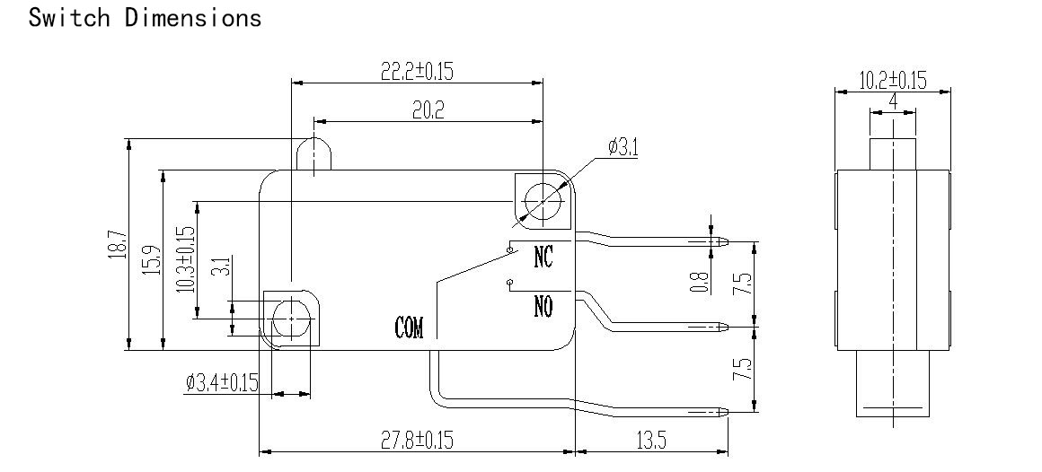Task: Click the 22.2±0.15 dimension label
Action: [x=417, y=71]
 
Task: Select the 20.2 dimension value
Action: [x=428, y=110]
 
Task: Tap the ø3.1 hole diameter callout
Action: [x=623, y=146]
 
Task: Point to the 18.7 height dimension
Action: [x=117, y=244]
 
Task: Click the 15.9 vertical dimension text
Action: [x=152, y=260]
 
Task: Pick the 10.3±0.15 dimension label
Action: [x=186, y=259]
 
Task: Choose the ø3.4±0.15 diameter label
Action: [x=222, y=382]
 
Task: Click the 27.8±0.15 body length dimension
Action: [x=417, y=440]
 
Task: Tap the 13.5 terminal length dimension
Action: [x=650, y=440]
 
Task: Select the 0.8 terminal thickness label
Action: [x=699, y=282]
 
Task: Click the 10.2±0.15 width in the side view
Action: [x=893, y=81]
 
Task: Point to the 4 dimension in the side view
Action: [x=893, y=101]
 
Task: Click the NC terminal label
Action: [x=543, y=257]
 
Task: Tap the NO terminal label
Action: [x=543, y=307]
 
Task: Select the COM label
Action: [x=409, y=328]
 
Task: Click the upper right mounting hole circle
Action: [x=543, y=200]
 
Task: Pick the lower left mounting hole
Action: [x=292, y=319]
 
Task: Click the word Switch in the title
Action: [x=69, y=17]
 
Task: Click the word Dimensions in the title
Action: [x=193, y=17]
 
